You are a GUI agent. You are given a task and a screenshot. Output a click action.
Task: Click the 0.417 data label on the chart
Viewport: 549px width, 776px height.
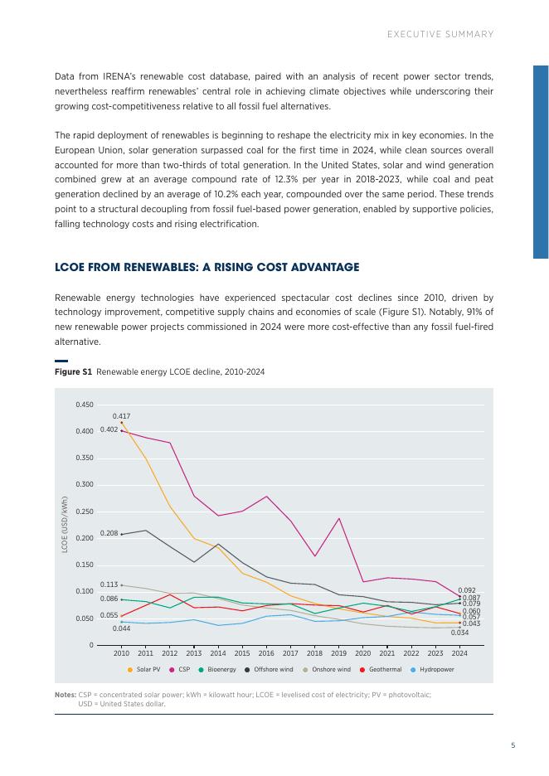pos(121,415)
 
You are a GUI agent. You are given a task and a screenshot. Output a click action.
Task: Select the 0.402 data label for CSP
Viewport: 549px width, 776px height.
pos(109,429)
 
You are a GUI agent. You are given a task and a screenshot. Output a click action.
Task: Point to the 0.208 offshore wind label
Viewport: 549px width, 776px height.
pos(109,533)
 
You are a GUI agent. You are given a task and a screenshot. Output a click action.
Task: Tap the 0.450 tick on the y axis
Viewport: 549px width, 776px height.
pos(84,405)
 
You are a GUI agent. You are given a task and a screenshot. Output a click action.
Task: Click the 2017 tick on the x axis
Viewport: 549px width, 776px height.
pos(290,653)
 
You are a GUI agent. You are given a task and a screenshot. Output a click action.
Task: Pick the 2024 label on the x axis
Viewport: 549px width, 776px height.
pos(459,653)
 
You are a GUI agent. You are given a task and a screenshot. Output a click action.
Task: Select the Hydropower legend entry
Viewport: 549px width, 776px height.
pos(435,669)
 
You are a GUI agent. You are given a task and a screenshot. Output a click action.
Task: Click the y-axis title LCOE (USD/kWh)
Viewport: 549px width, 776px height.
pos(64,524)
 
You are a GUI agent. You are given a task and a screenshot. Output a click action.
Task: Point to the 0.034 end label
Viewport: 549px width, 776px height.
pos(459,633)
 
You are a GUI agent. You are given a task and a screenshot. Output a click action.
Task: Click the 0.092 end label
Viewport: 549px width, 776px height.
pos(467,590)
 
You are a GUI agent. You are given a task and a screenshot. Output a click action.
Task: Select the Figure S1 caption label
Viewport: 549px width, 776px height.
pos(73,372)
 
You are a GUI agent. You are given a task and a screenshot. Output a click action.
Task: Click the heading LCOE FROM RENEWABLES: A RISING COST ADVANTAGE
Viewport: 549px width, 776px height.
pos(206,267)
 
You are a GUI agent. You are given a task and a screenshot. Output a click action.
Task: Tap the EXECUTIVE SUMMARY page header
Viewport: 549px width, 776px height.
pos(440,34)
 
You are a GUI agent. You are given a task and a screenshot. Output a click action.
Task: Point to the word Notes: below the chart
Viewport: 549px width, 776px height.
pos(65,695)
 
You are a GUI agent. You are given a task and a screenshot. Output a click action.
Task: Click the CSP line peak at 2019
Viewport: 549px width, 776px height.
pos(338,518)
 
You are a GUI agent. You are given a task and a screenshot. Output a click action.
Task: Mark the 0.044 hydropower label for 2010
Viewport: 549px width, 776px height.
pos(121,628)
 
